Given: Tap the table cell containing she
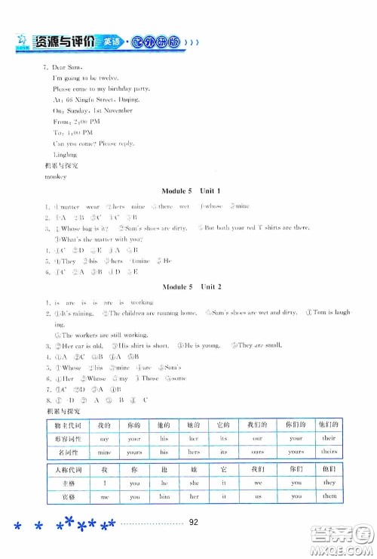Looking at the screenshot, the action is coord(195,483).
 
